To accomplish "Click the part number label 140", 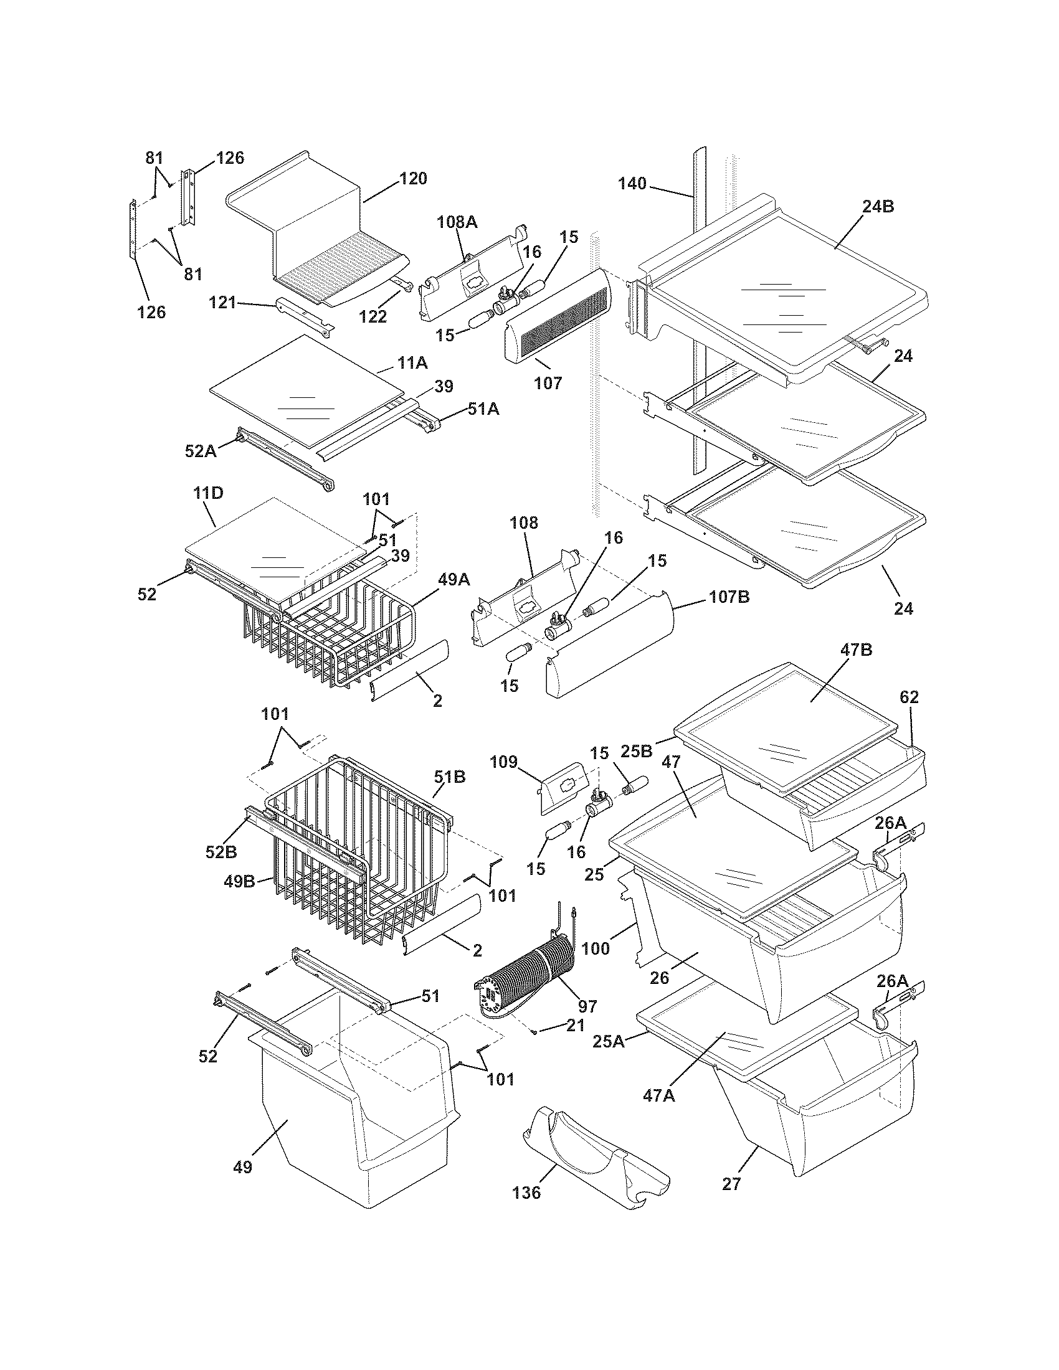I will (632, 184).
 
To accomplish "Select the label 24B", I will (878, 206).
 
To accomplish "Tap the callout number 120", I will (413, 178).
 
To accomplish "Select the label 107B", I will (729, 597).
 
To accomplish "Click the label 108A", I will (457, 221).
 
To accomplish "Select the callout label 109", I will (503, 762).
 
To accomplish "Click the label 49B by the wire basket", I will (239, 881).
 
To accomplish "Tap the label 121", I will (222, 303).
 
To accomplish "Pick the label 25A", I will (609, 1042).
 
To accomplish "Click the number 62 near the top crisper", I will (908, 697).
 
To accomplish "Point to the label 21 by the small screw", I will (575, 1025).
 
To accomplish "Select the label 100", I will (596, 948).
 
